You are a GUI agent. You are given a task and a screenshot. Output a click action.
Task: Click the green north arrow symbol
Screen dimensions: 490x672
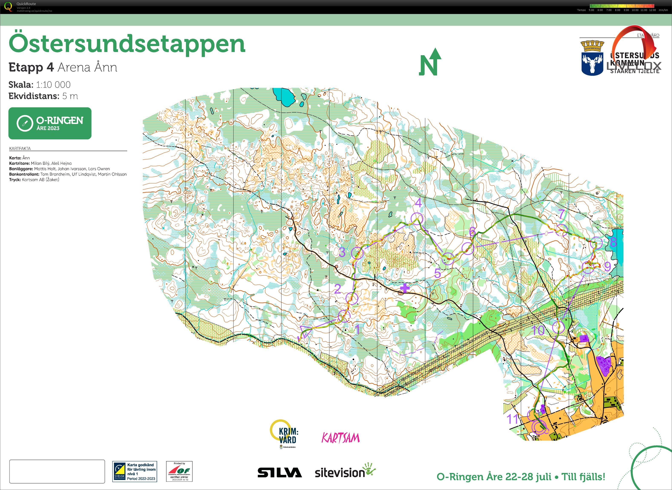point(430,62)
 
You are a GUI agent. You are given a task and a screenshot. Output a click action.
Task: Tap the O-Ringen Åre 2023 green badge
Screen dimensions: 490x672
point(50,123)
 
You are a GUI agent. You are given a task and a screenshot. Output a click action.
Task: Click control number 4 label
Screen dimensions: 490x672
point(418,203)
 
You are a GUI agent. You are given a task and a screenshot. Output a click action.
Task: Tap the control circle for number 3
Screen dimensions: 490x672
point(357,253)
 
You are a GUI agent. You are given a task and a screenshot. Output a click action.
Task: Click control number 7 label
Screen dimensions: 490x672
point(561,214)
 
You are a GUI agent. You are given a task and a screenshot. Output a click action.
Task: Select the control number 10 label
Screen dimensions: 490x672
point(538,330)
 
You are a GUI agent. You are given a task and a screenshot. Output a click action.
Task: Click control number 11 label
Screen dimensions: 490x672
point(512,419)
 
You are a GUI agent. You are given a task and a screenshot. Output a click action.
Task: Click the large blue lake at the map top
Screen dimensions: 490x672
point(284,96)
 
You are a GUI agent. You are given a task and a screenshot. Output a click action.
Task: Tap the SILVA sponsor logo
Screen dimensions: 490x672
point(279,473)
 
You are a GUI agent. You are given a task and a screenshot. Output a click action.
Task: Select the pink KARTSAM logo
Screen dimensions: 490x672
point(341,438)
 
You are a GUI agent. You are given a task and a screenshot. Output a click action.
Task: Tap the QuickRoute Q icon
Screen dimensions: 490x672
point(8,7)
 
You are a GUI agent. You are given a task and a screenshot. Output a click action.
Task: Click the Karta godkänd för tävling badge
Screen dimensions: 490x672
point(135,471)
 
